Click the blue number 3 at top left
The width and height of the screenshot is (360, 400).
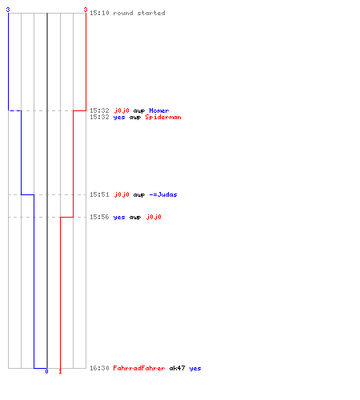[x=8, y=10]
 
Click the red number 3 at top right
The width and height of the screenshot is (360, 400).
[x=86, y=10]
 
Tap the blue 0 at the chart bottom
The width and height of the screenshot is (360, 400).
[x=46, y=371]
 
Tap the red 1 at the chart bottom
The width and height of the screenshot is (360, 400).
[x=60, y=371]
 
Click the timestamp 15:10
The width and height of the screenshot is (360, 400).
[x=99, y=13]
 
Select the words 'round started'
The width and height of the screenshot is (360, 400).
[x=139, y=13]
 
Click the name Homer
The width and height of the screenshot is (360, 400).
[x=159, y=110]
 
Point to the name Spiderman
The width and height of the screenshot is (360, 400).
[x=163, y=117]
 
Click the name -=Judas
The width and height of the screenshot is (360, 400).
[x=163, y=194]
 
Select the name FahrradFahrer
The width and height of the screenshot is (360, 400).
[x=139, y=368]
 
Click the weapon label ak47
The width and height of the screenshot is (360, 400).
[x=177, y=368]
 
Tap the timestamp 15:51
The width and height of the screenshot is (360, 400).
[x=99, y=194]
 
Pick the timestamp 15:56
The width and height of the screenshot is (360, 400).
[x=99, y=217]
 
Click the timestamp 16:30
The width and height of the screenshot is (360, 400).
[x=99, y=368]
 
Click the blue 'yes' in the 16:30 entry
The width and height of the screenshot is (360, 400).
[x=195, y=369]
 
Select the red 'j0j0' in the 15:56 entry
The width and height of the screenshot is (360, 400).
[x=154, y=217]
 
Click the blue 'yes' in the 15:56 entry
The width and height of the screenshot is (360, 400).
[x=119, y=218]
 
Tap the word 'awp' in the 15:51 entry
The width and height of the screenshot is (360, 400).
[x=139, y=195]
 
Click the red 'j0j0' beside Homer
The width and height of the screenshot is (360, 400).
[x=122, y=110]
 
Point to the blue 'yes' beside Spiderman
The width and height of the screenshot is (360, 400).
[x=119, y=118]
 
